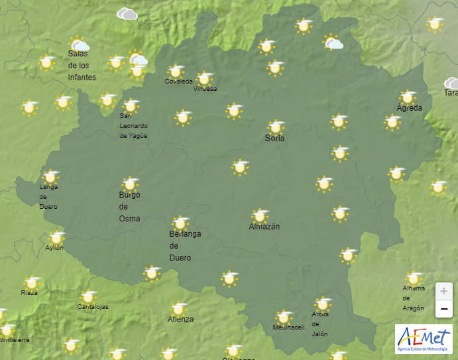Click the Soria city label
click(275, 139)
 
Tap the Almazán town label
click(264, 227)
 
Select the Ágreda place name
click(409, 108)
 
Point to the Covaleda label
click(179, 82)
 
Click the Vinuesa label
click(205, 89)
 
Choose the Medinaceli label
click(288, 328)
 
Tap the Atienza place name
click(180, 320)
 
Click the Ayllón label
click(54, 248)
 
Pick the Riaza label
click(29, 292)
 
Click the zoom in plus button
click(444, 291)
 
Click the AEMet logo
click(423, 339)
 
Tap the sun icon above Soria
click(276, 127)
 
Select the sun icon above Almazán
click(260, 215)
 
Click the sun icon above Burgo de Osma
click(130, 184)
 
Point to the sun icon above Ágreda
click(408, 97)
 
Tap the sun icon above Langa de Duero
click(50, 177)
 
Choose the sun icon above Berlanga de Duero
click(180, 223)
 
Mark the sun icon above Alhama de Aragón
click(414, 278)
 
